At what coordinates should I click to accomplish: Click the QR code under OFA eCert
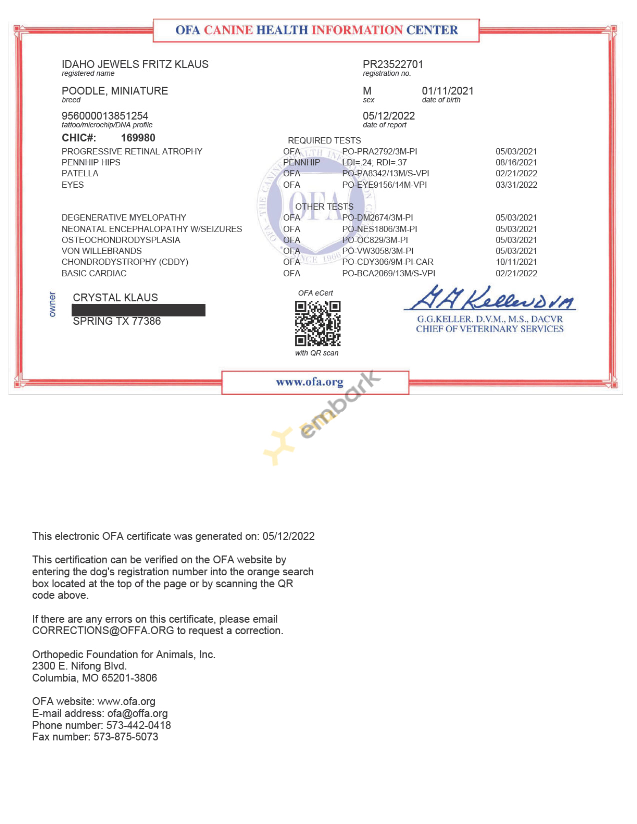318,323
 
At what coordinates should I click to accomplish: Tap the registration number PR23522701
393,64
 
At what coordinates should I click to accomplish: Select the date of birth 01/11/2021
447,91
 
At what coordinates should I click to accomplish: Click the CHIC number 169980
138,138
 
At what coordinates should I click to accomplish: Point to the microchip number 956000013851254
105,116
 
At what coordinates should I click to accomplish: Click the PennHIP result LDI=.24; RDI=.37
374,162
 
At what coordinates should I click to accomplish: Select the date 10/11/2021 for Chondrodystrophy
516,262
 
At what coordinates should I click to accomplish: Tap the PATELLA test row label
80,173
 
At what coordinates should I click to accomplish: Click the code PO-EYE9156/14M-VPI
384,185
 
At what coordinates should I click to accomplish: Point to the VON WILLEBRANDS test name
102,251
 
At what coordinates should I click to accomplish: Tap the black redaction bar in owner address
138,310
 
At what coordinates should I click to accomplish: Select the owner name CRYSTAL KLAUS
115,298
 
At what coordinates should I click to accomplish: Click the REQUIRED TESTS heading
324,140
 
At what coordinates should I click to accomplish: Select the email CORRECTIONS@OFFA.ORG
103,631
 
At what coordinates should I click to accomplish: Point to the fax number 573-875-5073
126,737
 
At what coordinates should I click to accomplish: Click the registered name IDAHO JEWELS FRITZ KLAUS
135,64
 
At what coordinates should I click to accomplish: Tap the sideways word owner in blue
52,304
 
